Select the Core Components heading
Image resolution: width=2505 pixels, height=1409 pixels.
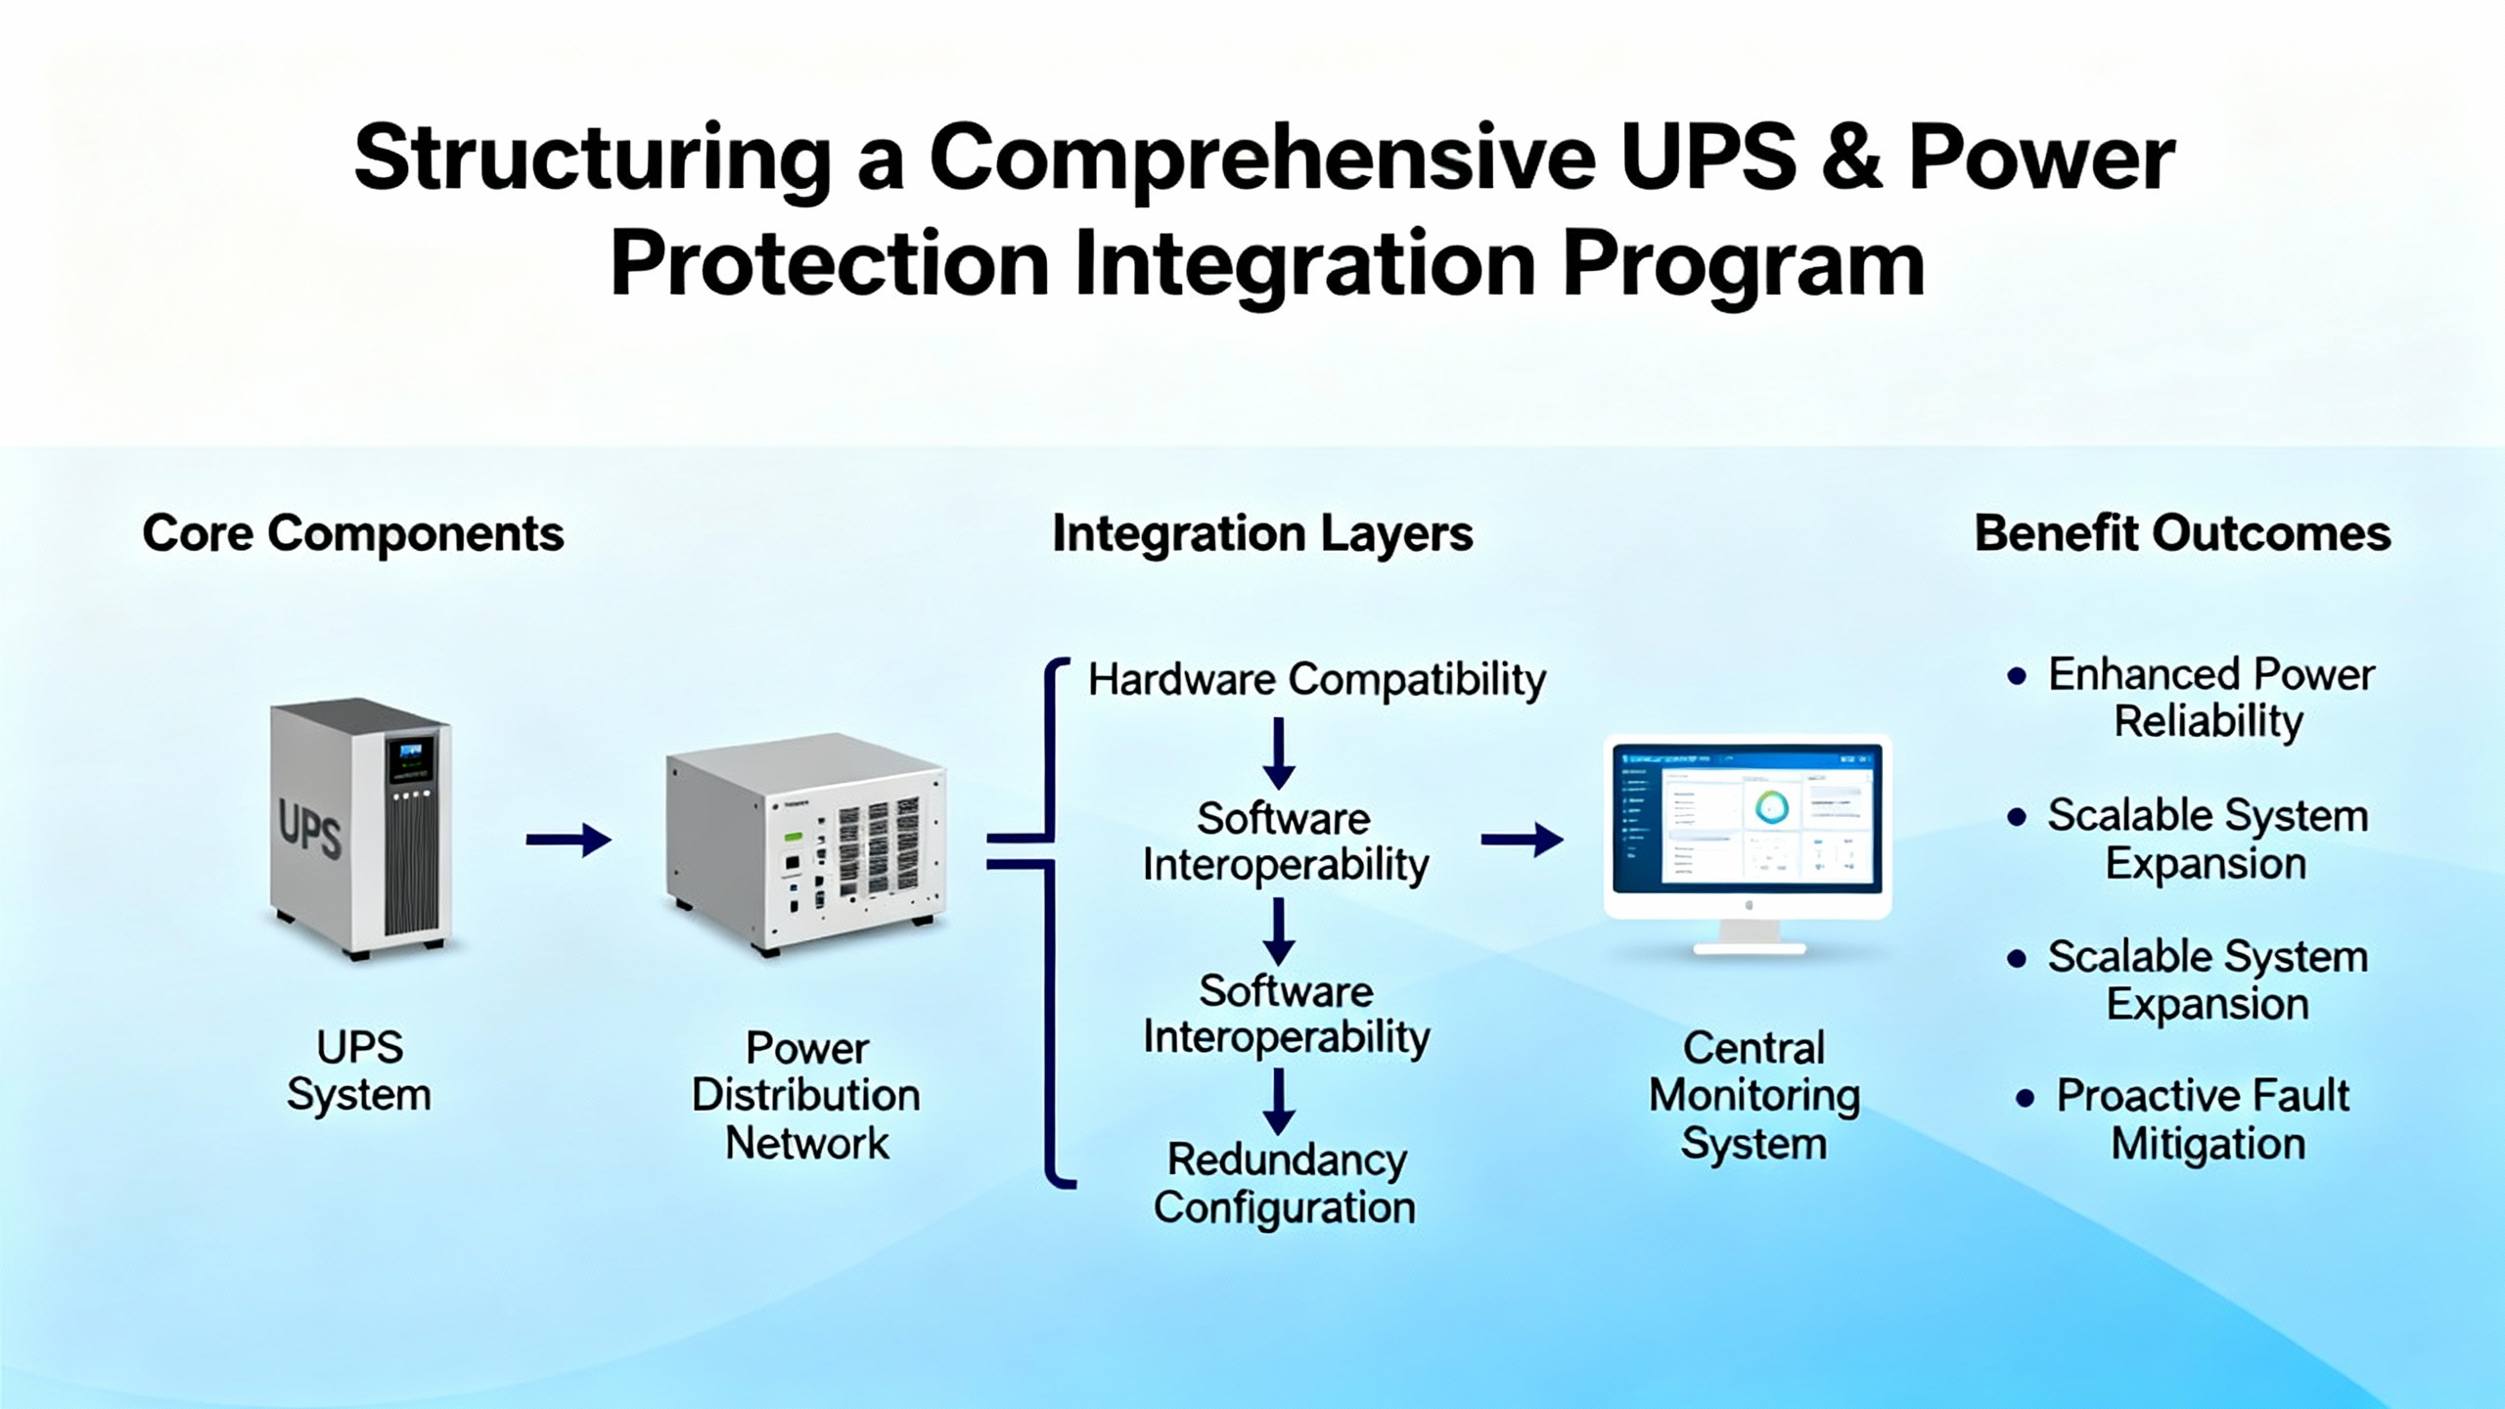point(353,534)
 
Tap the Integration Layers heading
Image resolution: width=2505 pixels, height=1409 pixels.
point(1262,534)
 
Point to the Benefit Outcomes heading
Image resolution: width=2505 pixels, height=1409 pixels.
point(2182,534)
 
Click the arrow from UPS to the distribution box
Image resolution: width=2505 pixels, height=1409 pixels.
point(569,840)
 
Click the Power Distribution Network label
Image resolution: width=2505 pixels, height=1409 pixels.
point(806,1095)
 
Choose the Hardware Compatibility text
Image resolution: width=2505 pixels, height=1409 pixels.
point(1316,679)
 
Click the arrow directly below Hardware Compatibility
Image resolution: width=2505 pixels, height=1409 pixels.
point(1279,753)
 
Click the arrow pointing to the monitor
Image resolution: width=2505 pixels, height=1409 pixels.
point(1522,840)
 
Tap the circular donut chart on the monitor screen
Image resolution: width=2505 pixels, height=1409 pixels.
point(1771,808)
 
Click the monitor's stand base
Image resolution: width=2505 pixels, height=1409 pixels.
point(1750,946)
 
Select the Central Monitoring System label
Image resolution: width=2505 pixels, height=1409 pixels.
point(1753,1095)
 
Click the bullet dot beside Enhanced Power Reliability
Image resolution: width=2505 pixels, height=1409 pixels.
point(2016,676)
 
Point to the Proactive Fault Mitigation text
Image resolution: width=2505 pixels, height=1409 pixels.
point(2202,1119)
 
